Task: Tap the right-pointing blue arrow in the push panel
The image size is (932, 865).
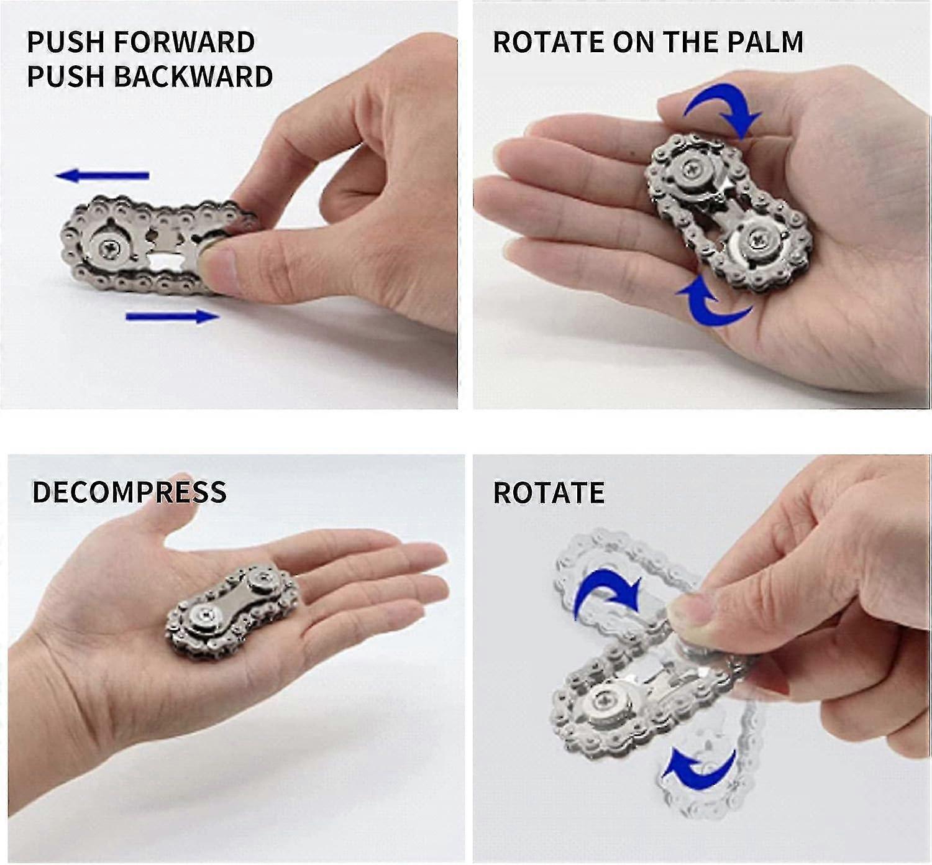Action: coord(172,317)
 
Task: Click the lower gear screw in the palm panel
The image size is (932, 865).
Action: coord(758,237)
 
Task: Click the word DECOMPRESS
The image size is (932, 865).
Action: coord(129,492)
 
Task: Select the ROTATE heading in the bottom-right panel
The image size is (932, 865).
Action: coord(548,493)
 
